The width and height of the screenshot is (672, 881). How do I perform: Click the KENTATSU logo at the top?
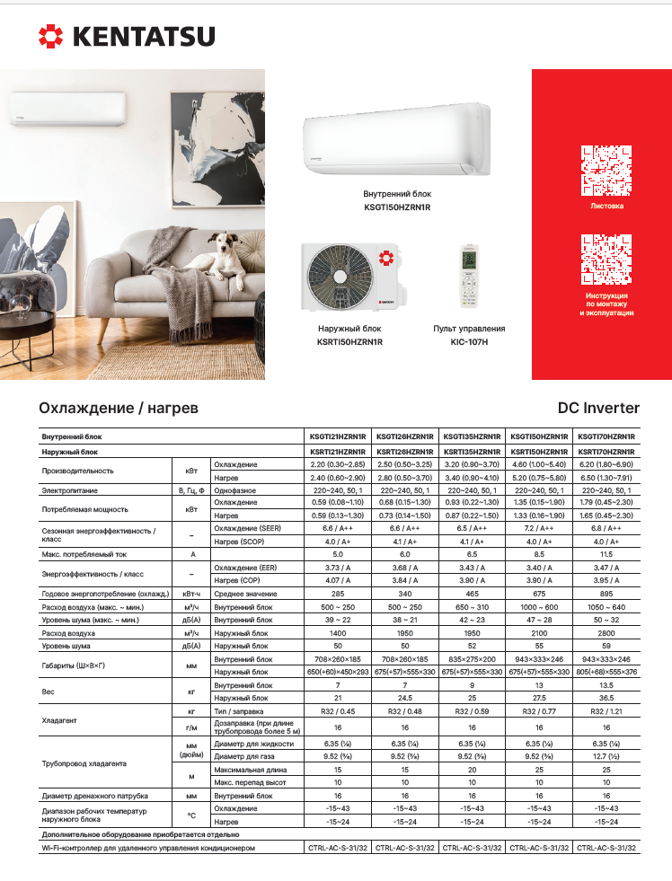coord(126,37)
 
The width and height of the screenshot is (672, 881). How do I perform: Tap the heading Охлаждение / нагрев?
coord(119,409)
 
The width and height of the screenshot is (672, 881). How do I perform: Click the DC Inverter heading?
coord(598,409)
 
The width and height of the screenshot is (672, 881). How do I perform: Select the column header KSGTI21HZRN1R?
coord(337,436)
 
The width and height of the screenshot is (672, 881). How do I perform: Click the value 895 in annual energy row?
coord(606,595)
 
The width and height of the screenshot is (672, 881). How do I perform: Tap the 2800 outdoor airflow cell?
coord(606,633)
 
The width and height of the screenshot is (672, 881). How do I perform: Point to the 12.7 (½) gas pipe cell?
coord(606,758)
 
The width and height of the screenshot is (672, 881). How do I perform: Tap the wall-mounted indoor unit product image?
coord(397,139)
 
